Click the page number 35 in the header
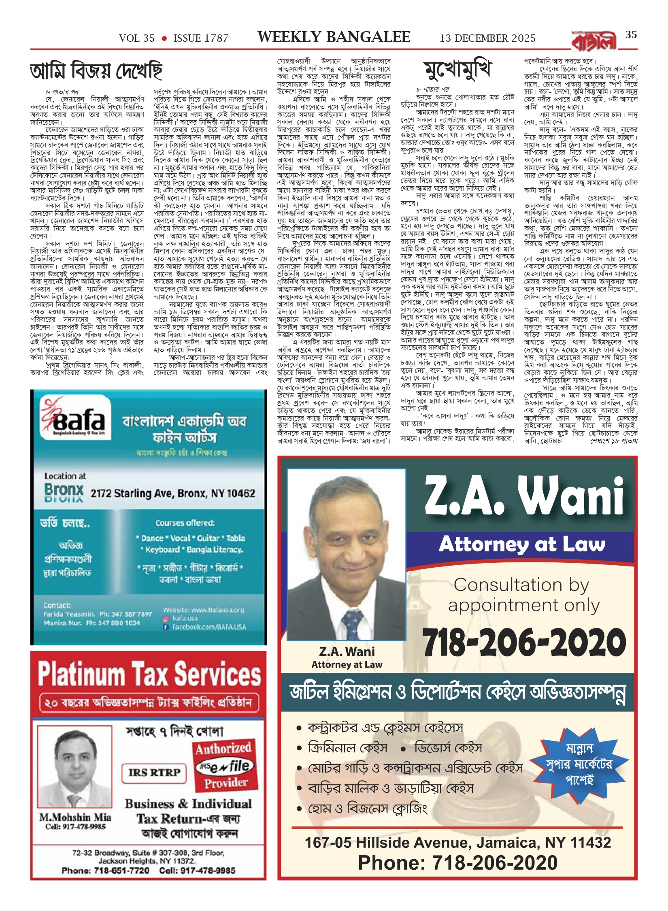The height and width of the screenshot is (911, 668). coord(631,35)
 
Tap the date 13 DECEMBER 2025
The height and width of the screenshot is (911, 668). coord(487,38)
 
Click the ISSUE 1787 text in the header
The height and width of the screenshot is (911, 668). coord(201,38)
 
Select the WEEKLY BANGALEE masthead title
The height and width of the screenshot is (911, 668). coord(334,37)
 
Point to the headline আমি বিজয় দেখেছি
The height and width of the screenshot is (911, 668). coord(96,71)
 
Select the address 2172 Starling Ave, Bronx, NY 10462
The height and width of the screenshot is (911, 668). coord(172,493)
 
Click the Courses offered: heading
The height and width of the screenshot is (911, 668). coord(185,523)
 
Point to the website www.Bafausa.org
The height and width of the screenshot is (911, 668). coord(203,610)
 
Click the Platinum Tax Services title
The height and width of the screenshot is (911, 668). coord(149,675)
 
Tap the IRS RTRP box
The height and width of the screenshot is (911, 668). coord(154,772)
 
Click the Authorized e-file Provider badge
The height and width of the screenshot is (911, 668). coord(226,766)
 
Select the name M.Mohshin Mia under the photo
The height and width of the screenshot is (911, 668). coord(75,817)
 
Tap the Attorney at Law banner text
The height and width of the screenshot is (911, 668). coord(522,544)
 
